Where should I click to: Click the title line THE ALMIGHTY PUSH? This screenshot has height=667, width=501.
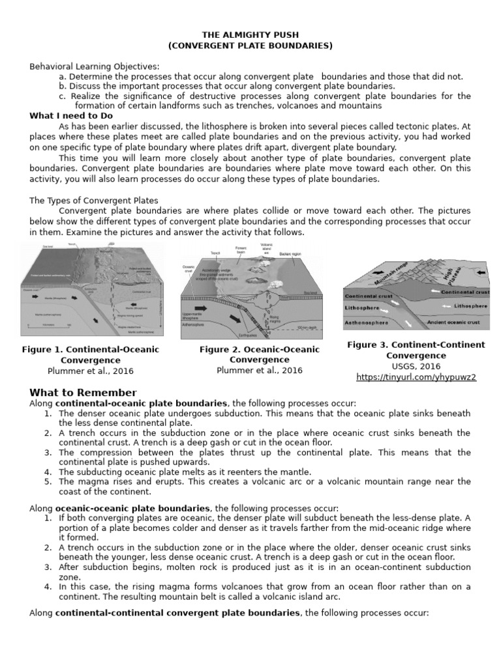(x=250, y=35)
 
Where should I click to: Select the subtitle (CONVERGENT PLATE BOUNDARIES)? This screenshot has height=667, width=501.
(x=250, y=45)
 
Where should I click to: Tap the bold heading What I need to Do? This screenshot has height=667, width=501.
(x=71, y=116)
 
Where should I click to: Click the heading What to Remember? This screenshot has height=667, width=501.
(x=83, y=392)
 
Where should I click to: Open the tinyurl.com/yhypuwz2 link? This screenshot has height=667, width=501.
(x=416, y=377)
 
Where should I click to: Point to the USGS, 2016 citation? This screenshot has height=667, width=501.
(x=416, y=366)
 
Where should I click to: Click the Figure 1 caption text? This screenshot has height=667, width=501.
(x=91, y=354)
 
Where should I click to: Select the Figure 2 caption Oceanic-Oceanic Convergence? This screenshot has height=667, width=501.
(x=260, y=354)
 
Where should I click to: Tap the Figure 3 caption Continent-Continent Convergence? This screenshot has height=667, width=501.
(x=416, y=350)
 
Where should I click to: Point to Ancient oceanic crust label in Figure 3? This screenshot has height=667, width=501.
(x=453, y=322)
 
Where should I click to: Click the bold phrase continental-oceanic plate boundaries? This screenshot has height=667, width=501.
(x=142, y=403)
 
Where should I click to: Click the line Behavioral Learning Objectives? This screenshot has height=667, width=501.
(x=94, y=66)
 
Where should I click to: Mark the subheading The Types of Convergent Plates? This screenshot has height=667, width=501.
(x=94, y=200)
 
